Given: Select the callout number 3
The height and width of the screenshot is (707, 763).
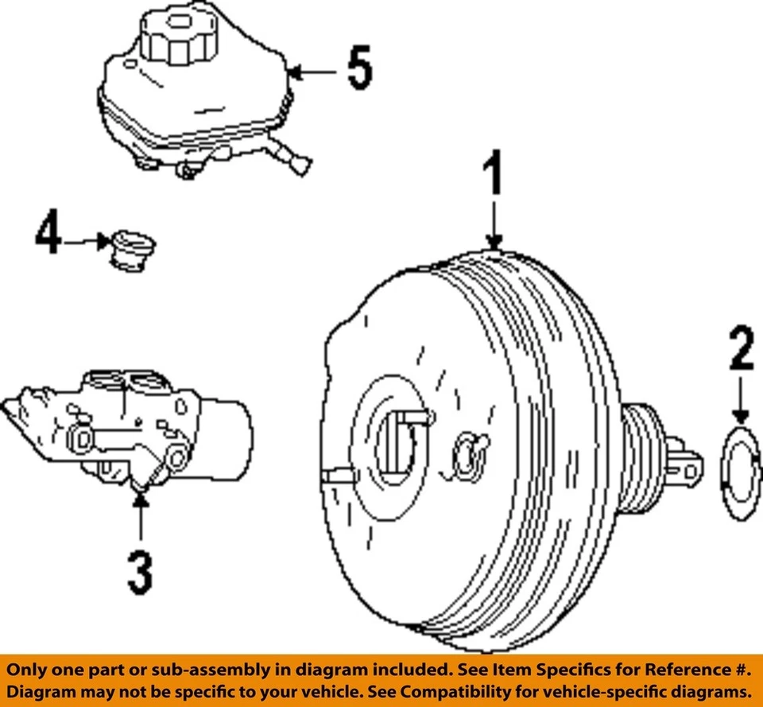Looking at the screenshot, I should coord(140,573).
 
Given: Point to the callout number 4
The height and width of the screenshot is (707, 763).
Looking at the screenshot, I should coord(48,232).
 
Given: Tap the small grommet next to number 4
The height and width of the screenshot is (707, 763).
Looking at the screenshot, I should coord(132,250).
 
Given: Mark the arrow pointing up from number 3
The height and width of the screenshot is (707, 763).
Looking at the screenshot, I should coord(140,517).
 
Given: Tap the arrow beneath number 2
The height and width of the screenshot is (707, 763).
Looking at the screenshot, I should coord(741,402).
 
